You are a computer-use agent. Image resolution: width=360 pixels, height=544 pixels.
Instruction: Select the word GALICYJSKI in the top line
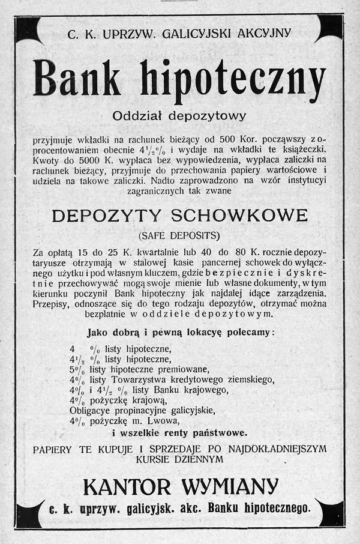[191, 34]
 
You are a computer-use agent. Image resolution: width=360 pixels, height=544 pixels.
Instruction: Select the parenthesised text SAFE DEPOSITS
[179, 234]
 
